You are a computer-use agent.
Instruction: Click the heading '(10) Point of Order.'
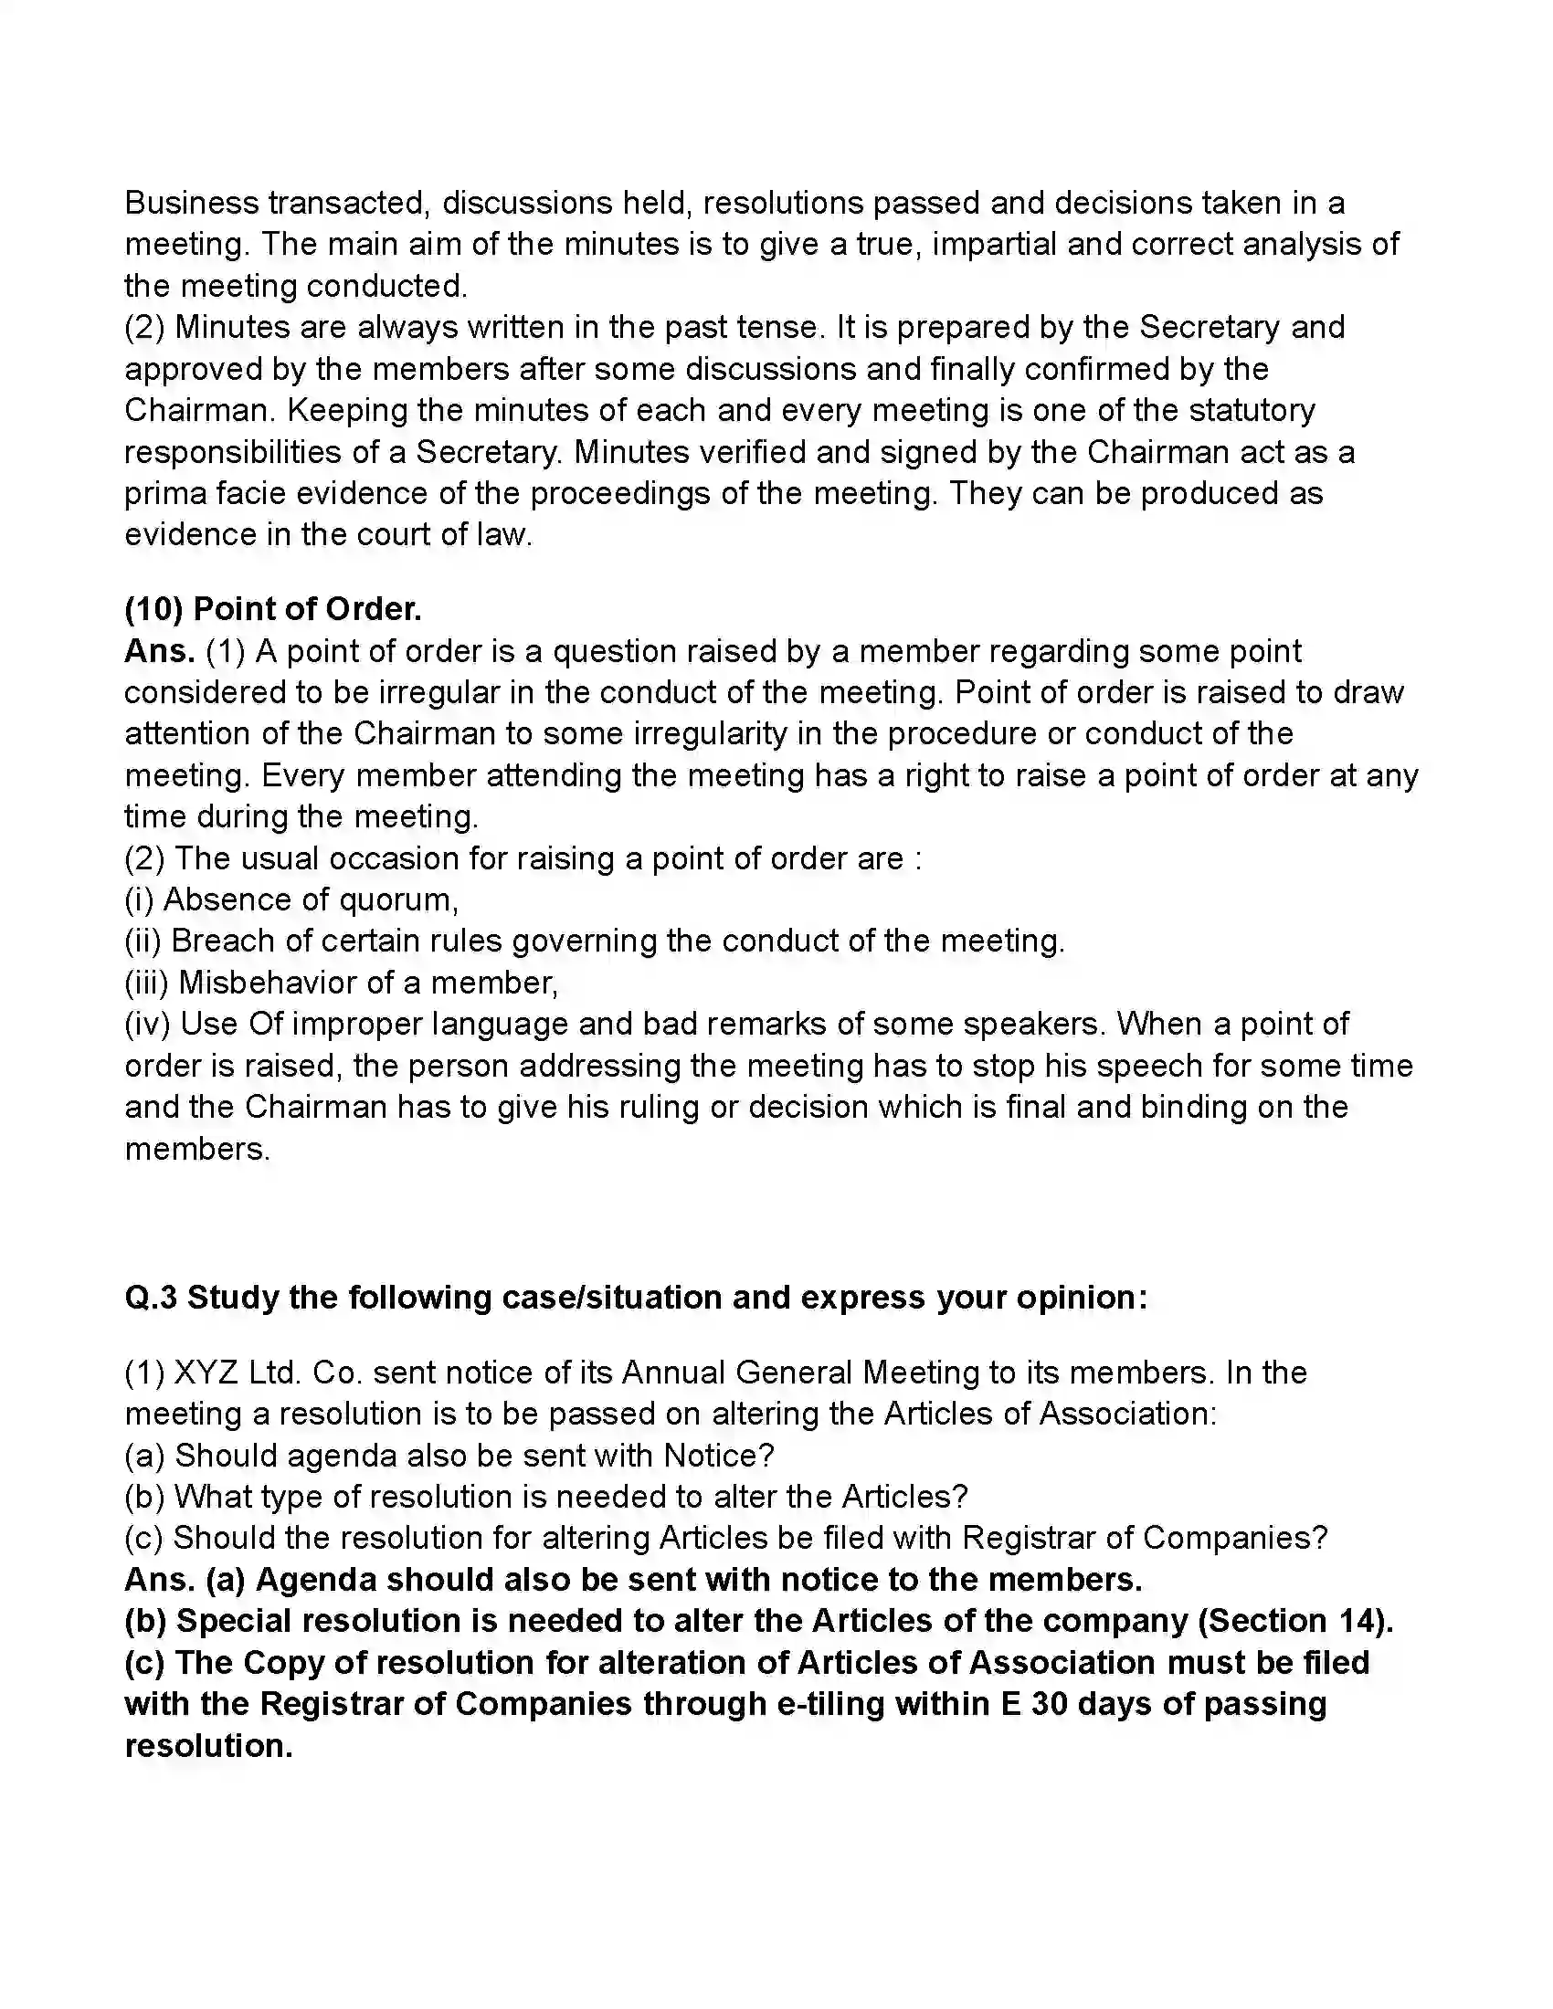coord(273,609)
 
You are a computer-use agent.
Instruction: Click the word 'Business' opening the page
coord(191,203)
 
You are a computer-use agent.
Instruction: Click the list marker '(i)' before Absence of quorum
coord(139,899)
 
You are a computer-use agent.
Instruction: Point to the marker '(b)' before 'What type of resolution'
coord(144,1497)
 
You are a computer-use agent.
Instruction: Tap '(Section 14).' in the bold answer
coord(1295,1621)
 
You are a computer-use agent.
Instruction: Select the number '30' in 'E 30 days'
coord(1049,1704)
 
